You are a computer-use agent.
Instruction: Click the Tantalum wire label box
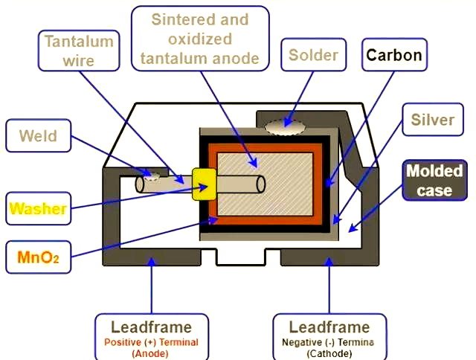(x=78, y=50)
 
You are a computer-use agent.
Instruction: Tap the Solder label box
(x=313, y=55)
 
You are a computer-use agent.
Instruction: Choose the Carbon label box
(x=393, y=55)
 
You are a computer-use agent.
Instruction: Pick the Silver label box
(x=432, y=120)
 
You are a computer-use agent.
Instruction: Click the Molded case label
(x=434, y=181)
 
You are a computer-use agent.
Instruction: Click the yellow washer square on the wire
(x=203, y=184)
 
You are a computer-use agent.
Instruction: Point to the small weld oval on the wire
(x=153, y=176)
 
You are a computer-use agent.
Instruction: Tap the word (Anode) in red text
(x=151, y=353)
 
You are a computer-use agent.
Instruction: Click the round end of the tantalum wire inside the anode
(x=261, y=184)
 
